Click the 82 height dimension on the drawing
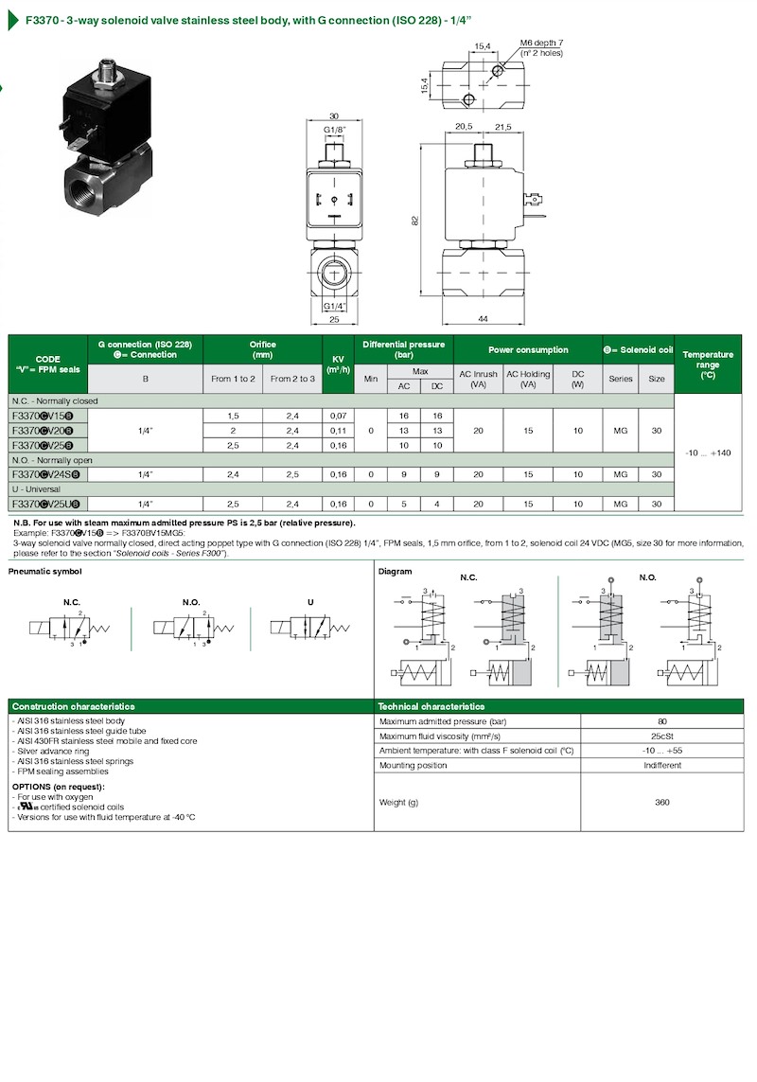point(414,220)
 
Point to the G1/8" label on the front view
point(335,128)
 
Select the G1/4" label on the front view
point(334,306)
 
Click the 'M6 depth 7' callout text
point(541,43)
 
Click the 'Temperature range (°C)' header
point(707,364)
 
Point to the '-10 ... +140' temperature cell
point(707,453)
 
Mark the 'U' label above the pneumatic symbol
point(310,602)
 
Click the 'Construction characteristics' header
point(73,706)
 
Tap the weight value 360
point(661,803)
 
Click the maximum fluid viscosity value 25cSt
point(661,736)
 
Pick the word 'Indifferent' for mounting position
point(661,765)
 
